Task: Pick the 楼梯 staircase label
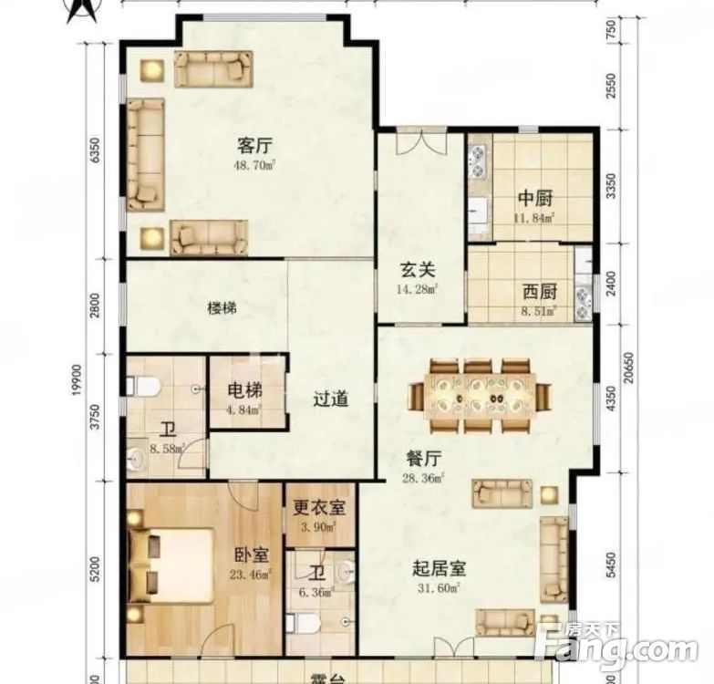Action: (222, 308)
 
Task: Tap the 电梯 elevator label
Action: (245, 389)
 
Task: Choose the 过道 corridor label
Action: (332, 399)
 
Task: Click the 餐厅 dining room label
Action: (423, 458)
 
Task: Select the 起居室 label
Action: (439, 568)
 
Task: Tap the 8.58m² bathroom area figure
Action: (168, 449)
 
